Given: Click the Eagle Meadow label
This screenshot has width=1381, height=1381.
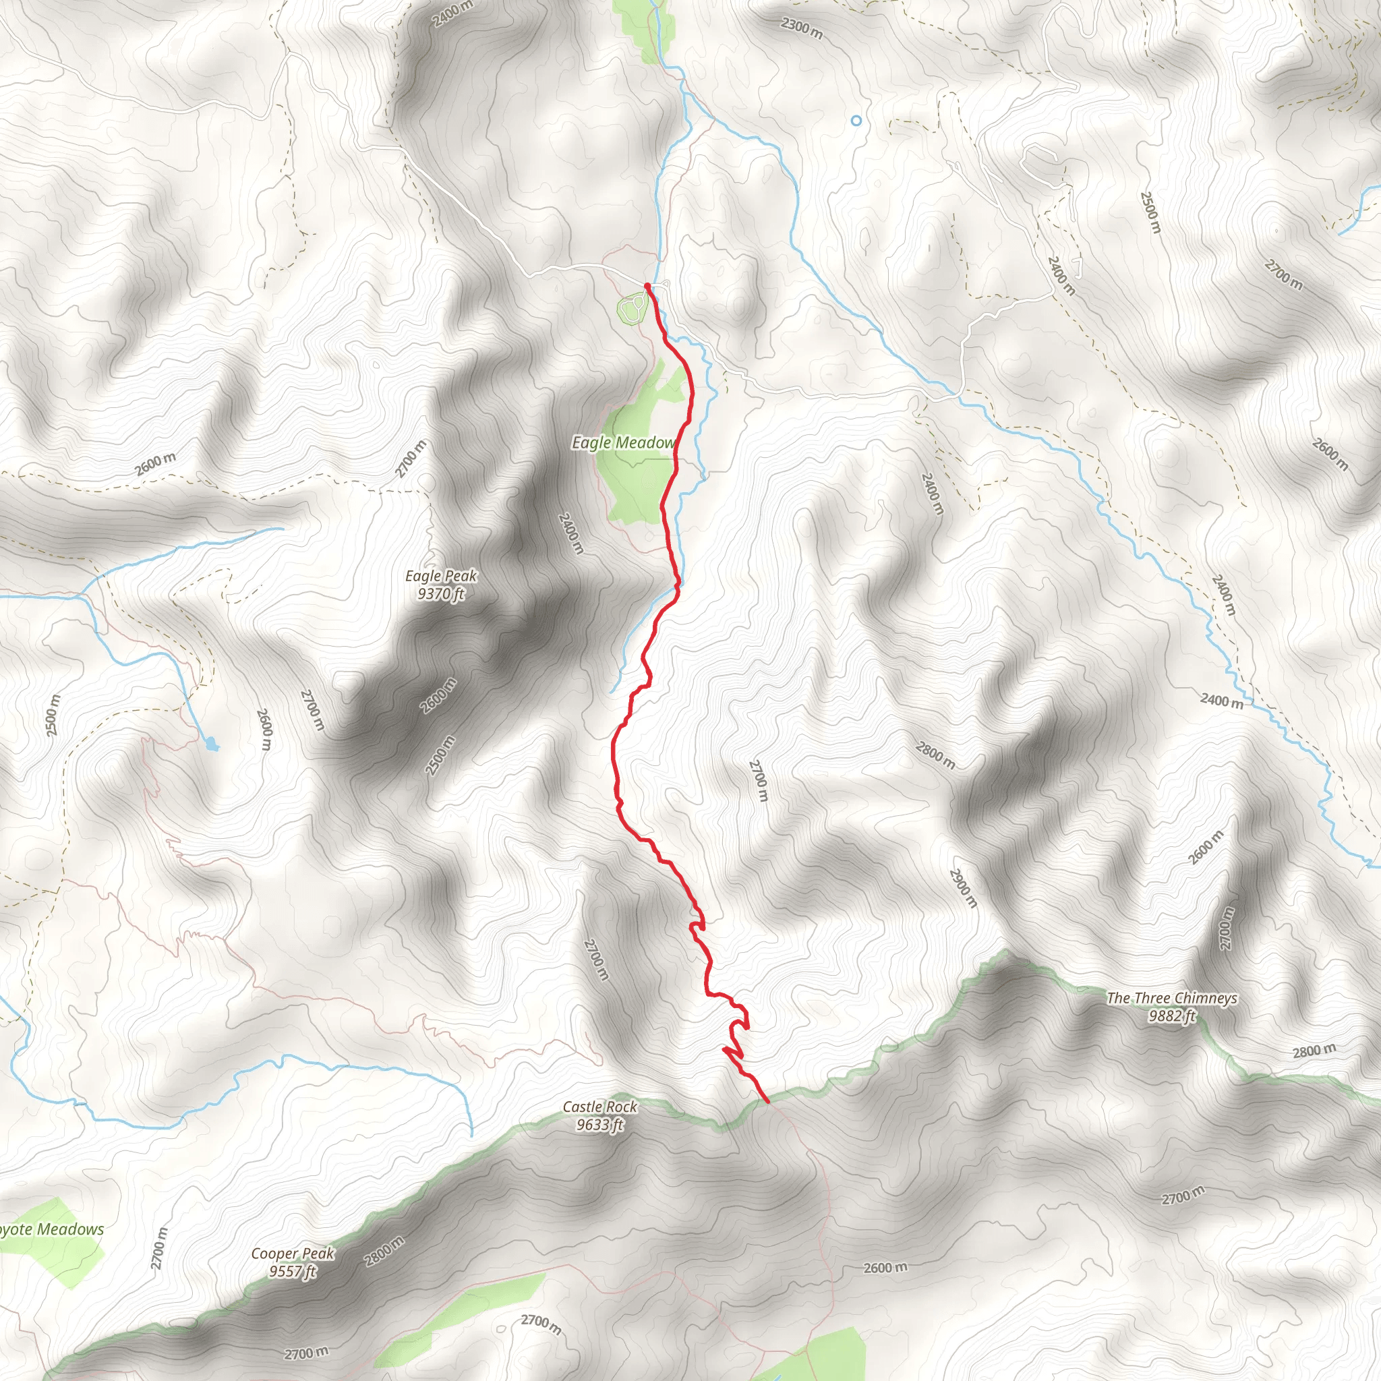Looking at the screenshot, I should tap(622, 443).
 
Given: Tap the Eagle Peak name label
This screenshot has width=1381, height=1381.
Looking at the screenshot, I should tap(440, 576).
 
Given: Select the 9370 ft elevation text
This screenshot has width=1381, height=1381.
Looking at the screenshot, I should tap(440, 594).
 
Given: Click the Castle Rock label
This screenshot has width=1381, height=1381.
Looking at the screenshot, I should tap(599, 1107).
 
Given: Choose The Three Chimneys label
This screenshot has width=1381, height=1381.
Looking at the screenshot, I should tap(1171, 998).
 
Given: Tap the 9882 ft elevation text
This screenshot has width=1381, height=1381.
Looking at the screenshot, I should tap(1171, 1016).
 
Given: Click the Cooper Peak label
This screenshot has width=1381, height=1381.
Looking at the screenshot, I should tap(293, 1254).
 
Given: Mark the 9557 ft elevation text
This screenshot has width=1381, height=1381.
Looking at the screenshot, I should tap(293, 1272).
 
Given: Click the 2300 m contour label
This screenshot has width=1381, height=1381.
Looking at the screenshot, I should tap(801, 28).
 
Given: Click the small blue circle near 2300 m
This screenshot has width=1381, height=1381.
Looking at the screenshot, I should tap(856, 121).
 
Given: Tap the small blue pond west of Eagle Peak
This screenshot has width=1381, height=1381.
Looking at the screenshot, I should tap(212, 745).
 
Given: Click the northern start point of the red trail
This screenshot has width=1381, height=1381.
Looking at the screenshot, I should tap(647, 286).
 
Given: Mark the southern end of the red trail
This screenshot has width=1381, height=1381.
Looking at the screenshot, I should tap(767, 1102).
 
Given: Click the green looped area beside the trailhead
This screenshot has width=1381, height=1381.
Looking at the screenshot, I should tap(632, 309).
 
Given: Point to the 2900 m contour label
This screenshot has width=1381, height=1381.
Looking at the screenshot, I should tap(963, 889).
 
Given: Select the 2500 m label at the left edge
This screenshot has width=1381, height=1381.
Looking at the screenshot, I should tap(52, 715).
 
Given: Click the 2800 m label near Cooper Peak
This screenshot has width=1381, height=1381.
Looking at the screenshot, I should tap(384, 1252).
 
